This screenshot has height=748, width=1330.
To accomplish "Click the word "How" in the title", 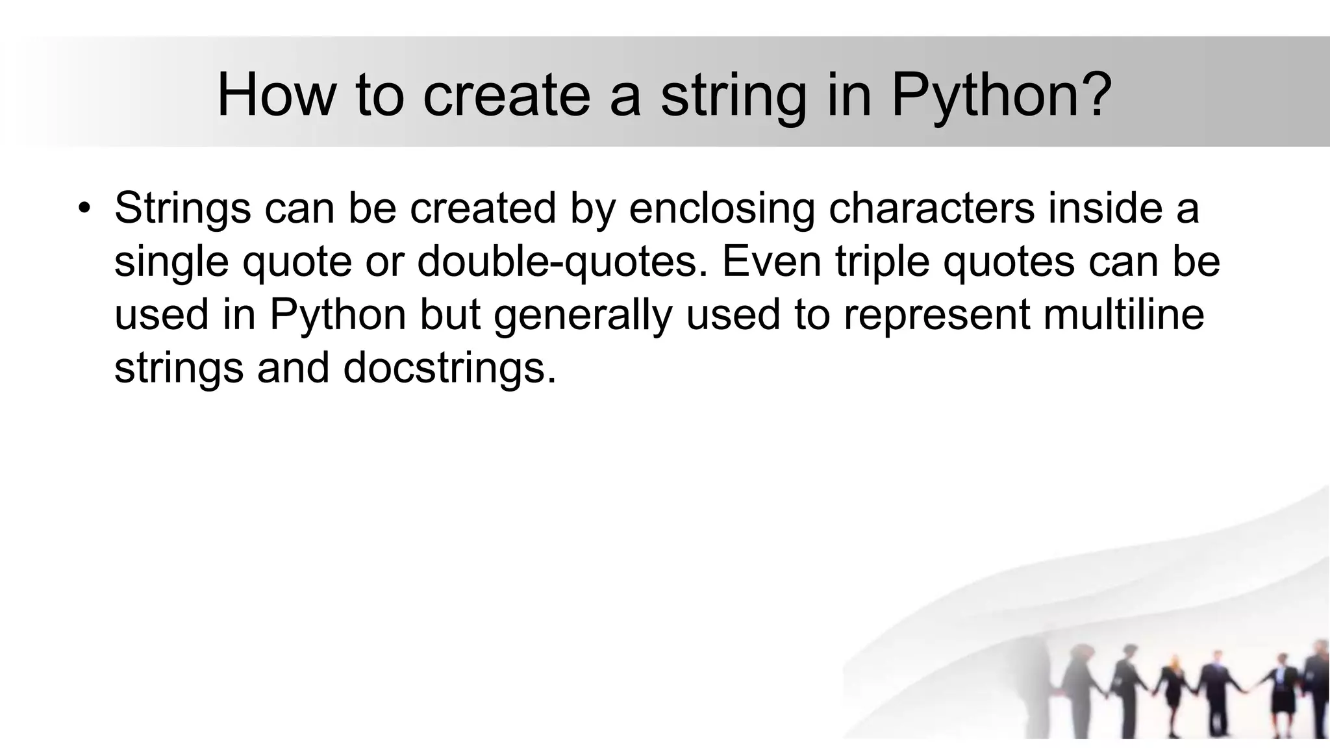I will [276, 95].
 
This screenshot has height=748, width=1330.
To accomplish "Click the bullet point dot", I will [84, 208].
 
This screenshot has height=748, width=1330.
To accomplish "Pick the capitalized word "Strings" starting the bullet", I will [182, 208].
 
